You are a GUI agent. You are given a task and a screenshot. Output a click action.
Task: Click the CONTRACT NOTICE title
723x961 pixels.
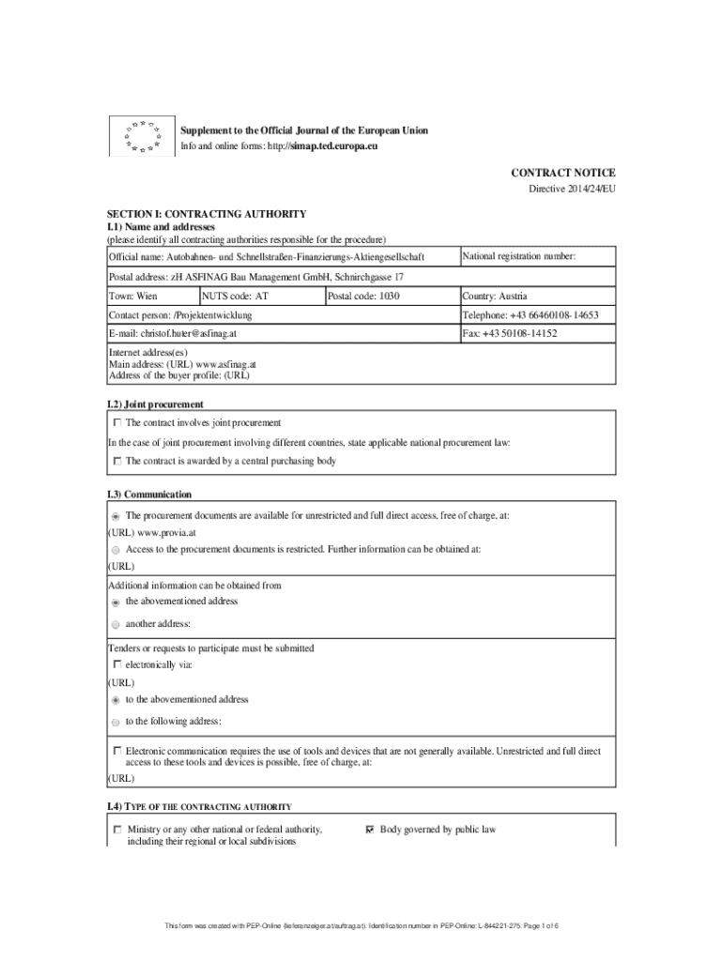point(562,174)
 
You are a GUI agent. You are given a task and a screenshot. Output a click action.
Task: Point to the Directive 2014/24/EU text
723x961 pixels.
point(573,190)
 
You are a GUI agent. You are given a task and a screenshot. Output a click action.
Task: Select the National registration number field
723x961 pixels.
point(537,256)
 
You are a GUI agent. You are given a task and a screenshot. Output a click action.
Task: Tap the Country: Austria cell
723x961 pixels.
point(537,296)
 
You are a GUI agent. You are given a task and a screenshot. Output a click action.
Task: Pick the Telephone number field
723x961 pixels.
point(537,315)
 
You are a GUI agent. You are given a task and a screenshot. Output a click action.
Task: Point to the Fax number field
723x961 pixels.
point(537,334)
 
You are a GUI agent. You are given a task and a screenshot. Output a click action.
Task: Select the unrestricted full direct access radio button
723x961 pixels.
point(115,516)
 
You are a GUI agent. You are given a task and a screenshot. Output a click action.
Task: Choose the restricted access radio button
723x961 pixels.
point(115,550)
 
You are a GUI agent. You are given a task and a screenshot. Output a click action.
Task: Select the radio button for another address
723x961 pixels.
point(115,624)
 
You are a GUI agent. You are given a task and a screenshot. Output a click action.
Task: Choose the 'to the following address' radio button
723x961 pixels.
point(115,722)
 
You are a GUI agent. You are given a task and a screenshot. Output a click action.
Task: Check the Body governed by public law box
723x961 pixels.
point(369,830)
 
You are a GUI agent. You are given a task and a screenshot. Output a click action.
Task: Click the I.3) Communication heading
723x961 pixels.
point(149,495)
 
